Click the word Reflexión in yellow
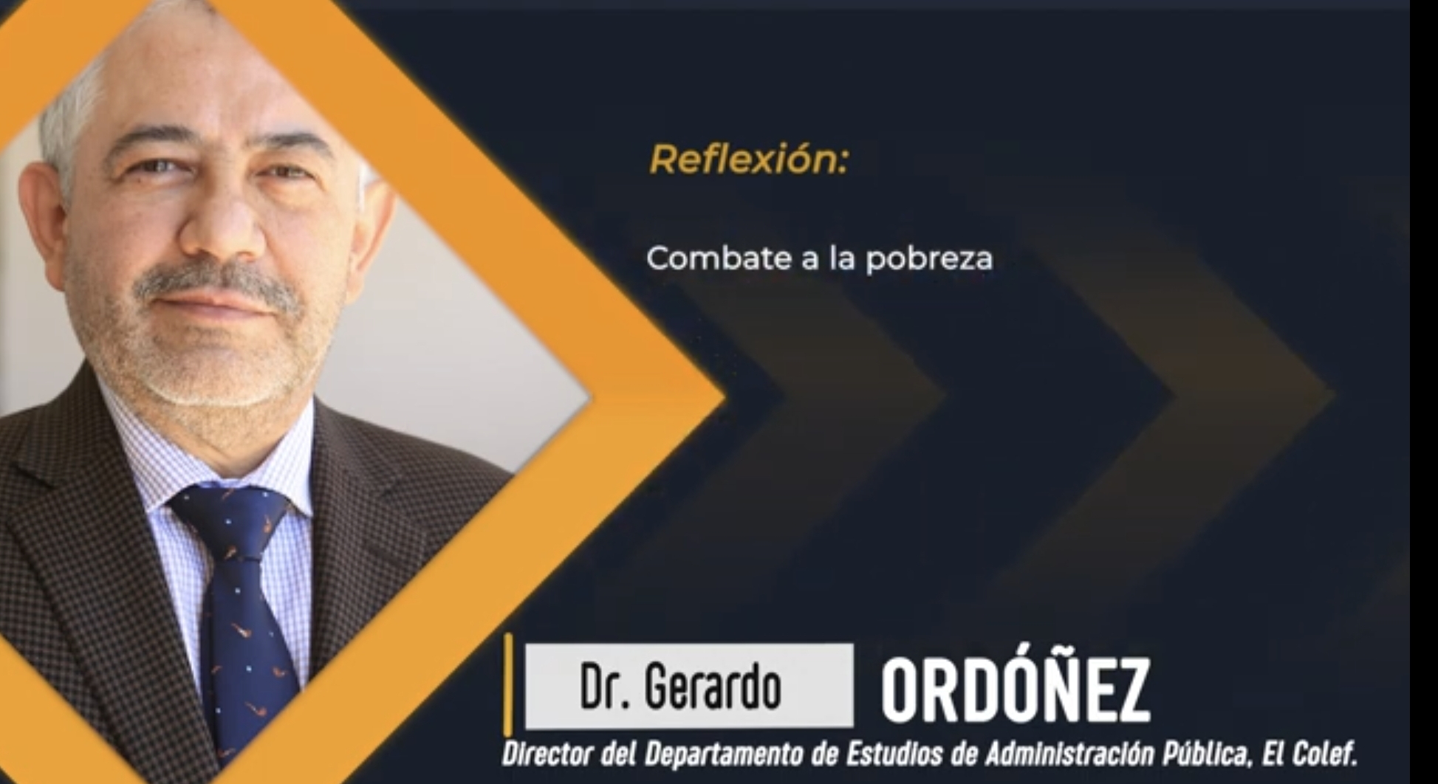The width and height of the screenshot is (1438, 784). pos(748,159)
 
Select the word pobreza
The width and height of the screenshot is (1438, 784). pos(929,259)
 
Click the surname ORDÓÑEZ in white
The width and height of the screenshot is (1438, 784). pos(1016,690)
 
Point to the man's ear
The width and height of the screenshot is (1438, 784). pos(44,221)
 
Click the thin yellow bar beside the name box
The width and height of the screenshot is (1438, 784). pos(508,684)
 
